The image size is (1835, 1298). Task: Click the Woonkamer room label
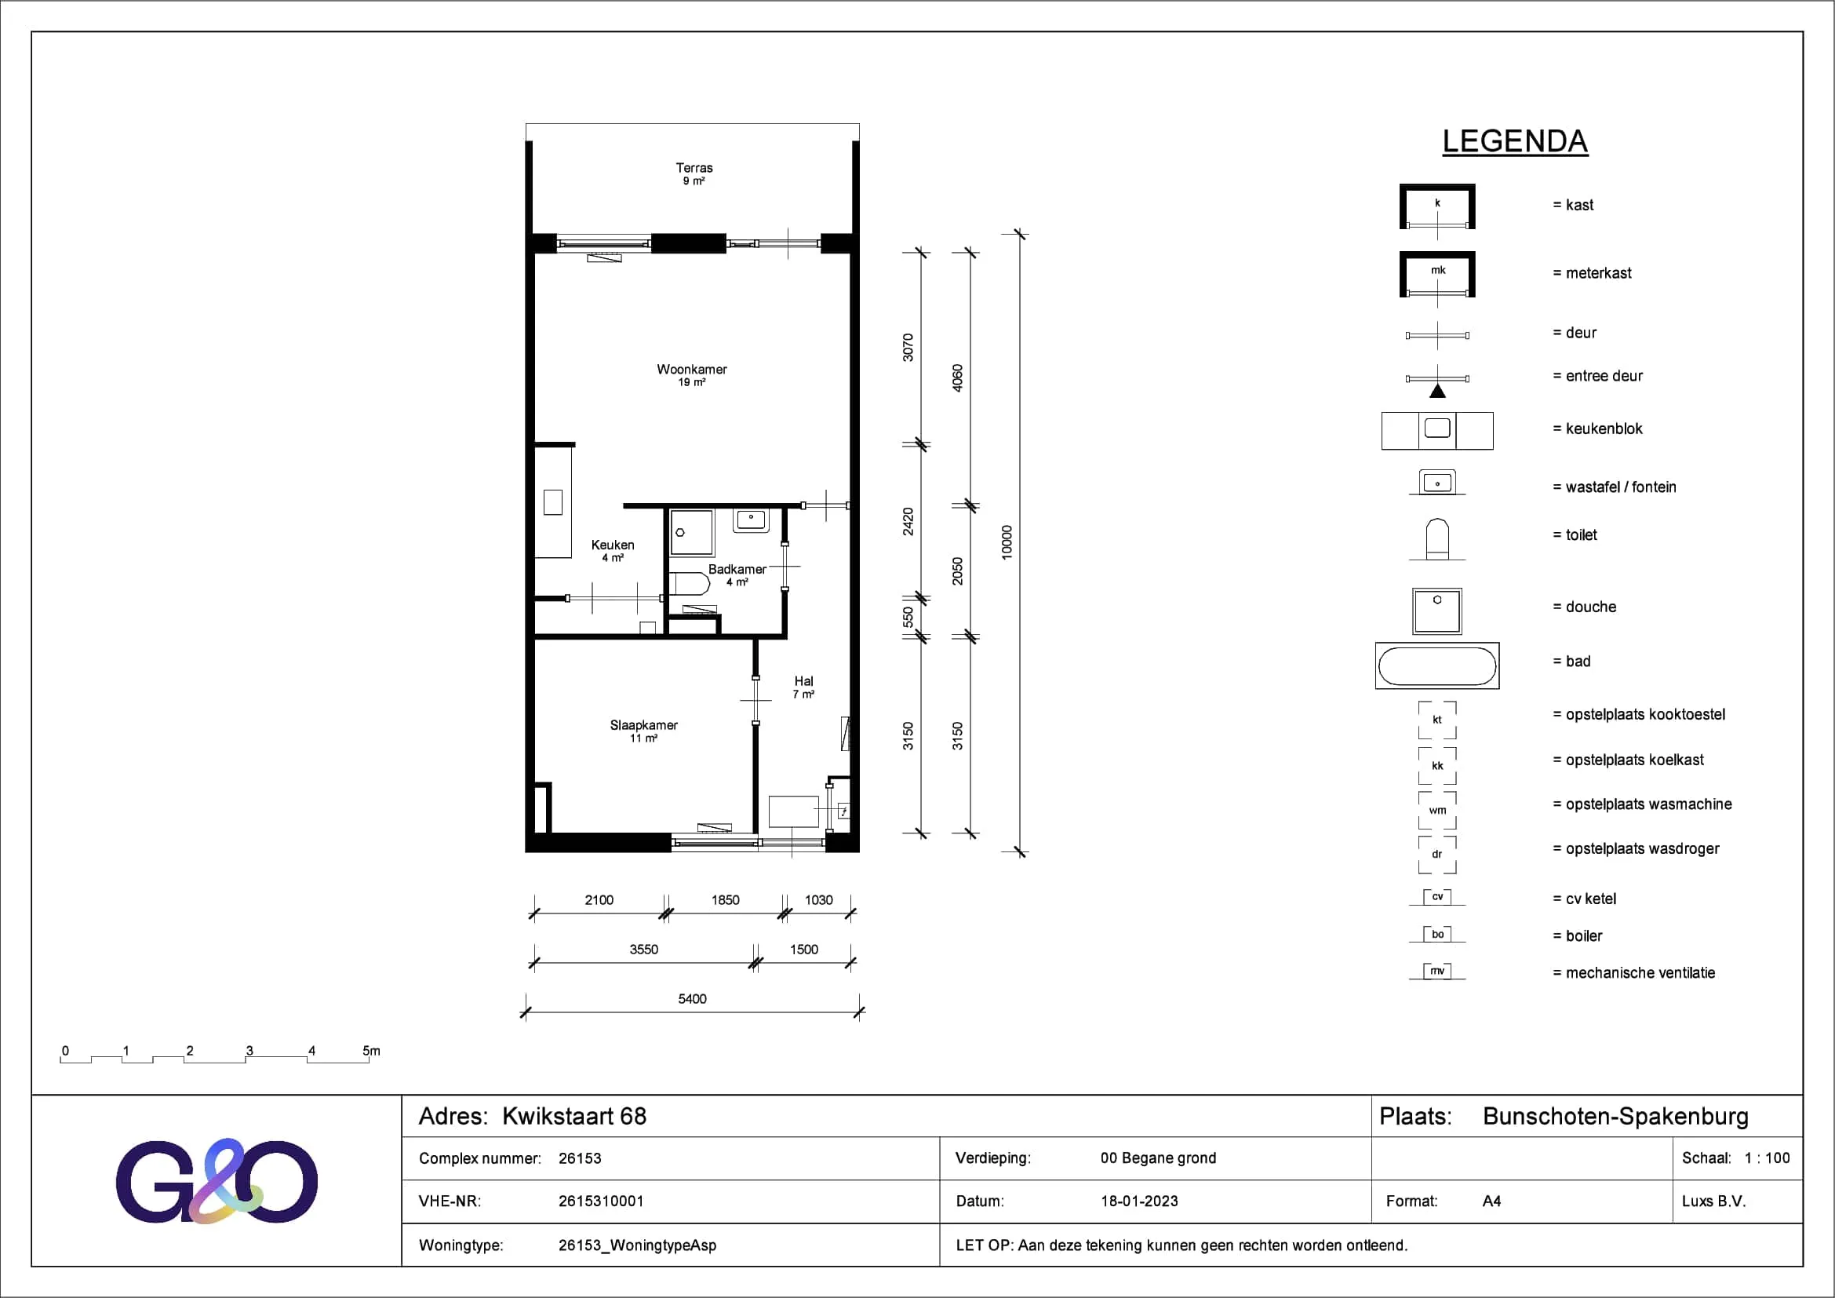691,370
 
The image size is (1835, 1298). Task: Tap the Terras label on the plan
694,168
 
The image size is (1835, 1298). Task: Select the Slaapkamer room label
643,725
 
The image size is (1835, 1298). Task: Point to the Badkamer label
737,569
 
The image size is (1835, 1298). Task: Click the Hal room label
803,681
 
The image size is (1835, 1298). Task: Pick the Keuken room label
612,545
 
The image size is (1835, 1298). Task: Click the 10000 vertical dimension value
1007,542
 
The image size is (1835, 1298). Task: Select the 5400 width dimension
692,998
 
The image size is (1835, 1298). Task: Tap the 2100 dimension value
599,900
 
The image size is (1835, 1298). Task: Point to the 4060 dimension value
957,378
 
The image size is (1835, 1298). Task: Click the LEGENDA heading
1514,141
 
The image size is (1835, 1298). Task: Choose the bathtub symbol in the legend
1437,665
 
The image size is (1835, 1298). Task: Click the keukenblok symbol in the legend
1437,431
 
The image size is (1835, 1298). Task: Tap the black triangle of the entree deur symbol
1437,391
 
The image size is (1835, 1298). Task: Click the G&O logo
217,1181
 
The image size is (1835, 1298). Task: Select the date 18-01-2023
1139,1201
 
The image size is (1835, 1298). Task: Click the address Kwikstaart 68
573,1116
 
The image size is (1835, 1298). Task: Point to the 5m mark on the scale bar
372,1050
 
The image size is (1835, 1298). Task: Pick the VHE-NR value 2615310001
601,1201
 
